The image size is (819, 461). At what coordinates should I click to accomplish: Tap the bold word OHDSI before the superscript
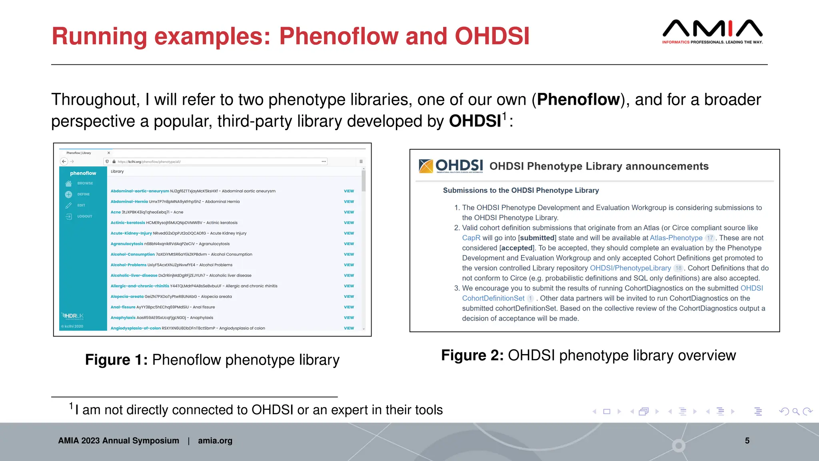pyautogui.click(x=475, y=121)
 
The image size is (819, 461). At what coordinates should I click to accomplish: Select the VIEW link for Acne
pyautogui.click(x=349, y=212)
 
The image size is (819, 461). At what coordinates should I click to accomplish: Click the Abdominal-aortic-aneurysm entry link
pyautogui.click(x=140, y=191)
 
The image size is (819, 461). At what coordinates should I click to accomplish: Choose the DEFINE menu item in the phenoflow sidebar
pyautogui.click(x=83, y=194)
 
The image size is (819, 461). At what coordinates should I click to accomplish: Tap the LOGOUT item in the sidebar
pyautogui.click(x=84, y=216)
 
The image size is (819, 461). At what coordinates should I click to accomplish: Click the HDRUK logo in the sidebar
pyautogui.click(x=73, y=316)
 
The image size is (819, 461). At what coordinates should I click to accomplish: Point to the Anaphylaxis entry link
pyautogui.click(x=123, y=317)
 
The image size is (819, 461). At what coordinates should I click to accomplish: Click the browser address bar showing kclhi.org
pyautogui.click(x=216, y=162)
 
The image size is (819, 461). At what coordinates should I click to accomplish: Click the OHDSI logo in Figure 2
pyautogui.click(x=451, y=166)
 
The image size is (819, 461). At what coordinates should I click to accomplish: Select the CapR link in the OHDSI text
pyautogui.click(x=471, y=238)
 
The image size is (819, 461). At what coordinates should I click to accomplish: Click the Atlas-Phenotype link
pyautogui.click(x=676, y=238)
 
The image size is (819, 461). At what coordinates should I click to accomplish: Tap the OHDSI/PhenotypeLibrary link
pyautogui.click(x=630, y=268)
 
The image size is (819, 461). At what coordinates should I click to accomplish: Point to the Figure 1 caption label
pyautogui.click(x=116, y=360)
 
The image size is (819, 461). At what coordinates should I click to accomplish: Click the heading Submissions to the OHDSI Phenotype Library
pyautogui.click(x=521, y=190)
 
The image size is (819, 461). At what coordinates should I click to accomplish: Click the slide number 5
pyautogui.click(x=747, y=441)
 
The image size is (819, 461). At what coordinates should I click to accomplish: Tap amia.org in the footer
pyautogui.click(x=215, y=441)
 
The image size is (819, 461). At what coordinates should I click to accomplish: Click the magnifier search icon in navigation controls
pyautogui.click(x=796, y=411)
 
